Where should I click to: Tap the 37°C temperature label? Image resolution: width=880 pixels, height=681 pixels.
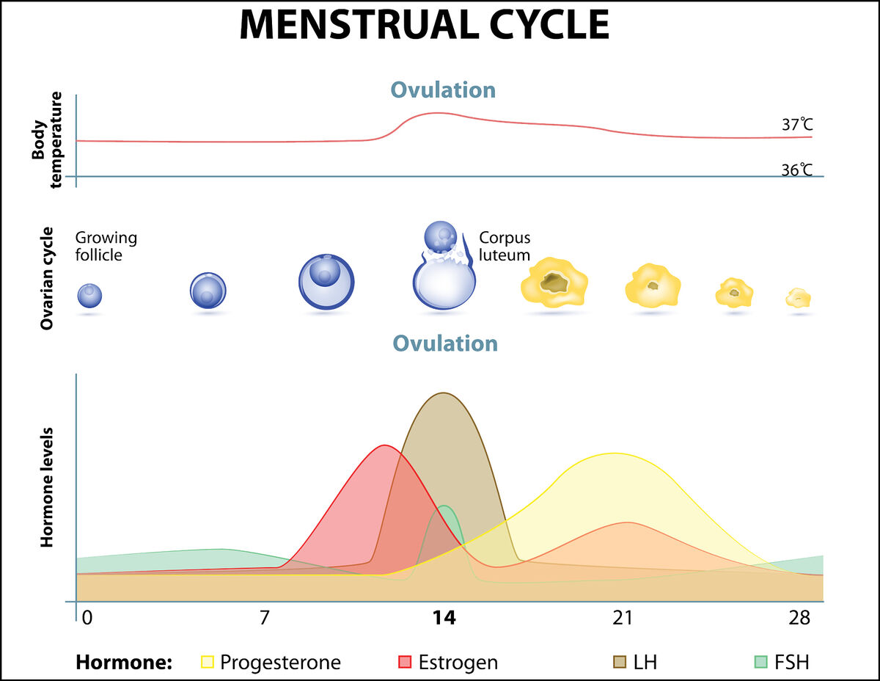coord(796,125)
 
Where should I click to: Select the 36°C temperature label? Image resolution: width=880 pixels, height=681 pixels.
coord(796,170)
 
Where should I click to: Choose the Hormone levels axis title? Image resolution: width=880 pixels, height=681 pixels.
coord(48,487)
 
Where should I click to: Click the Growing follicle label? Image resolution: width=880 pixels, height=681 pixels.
coord(106,246)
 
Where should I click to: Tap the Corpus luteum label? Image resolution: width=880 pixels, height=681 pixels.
coord(504,246)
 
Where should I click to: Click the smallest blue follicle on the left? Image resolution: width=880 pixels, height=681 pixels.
coord(89,296)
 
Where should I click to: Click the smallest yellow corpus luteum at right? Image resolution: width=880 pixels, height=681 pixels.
coord(799,298)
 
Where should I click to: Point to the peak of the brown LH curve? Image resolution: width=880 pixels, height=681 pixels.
coord(443,393)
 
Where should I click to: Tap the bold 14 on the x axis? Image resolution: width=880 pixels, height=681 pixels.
coord(444,618)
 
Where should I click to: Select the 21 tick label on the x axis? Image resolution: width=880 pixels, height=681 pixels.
coord(622,618)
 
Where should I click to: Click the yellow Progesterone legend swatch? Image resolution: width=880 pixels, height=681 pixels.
coord(207,663)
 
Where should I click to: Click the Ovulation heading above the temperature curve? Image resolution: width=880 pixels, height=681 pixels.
coord(443,90)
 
